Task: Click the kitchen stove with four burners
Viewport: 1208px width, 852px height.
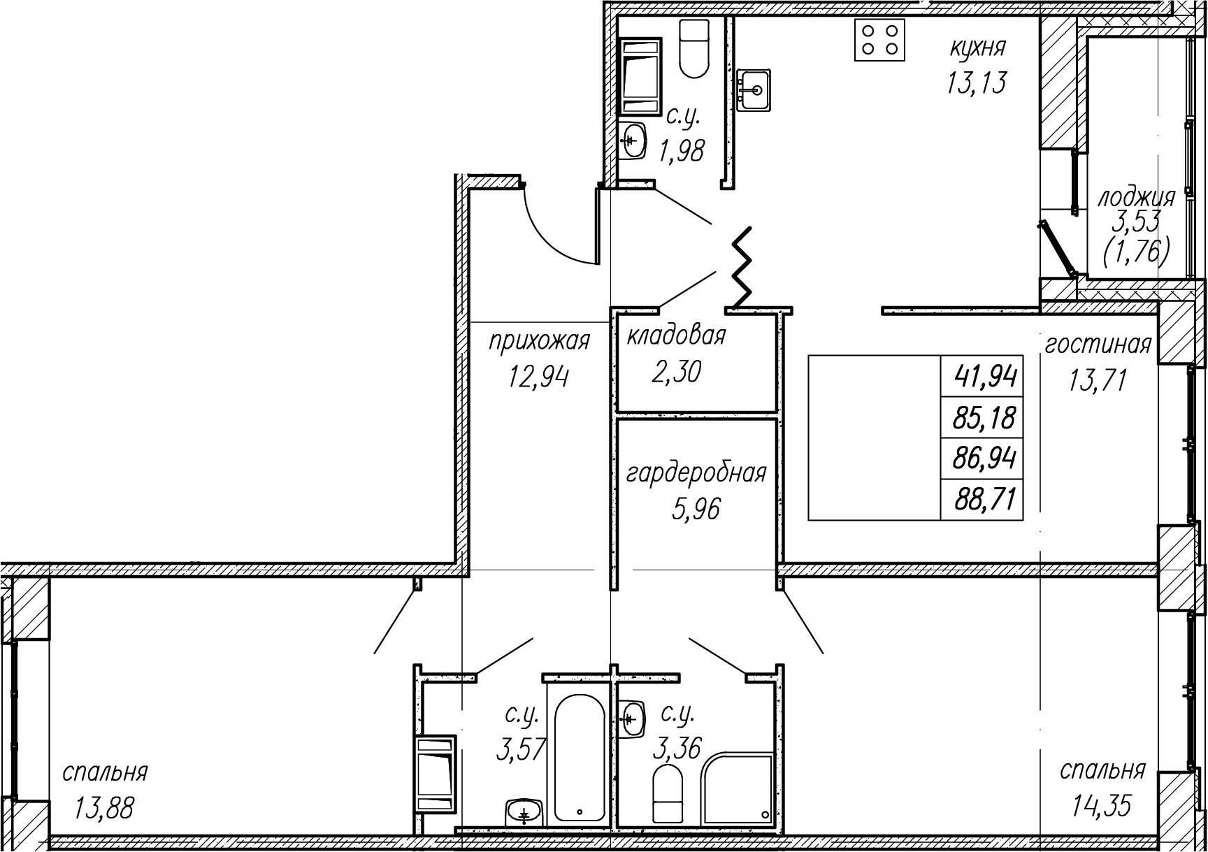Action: point(880,40)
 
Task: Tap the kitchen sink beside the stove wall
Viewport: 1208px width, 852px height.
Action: point(754,89)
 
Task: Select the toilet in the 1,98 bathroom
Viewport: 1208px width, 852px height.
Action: point(695,48)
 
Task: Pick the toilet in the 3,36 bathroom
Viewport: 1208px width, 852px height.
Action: point(667,793)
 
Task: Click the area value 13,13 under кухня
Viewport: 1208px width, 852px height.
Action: point(977,83)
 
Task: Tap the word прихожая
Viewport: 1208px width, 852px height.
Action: point(539,341)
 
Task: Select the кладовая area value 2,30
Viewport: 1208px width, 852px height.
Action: point(676,372)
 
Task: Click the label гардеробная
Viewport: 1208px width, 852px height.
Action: point(696,474)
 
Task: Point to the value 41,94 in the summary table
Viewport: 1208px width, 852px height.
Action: point(985,377)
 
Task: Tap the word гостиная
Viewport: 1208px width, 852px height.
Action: point(1098,345)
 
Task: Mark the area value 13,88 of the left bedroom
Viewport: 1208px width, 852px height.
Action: point(103,809)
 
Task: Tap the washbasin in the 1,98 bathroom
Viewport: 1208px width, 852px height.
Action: point(633,142)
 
